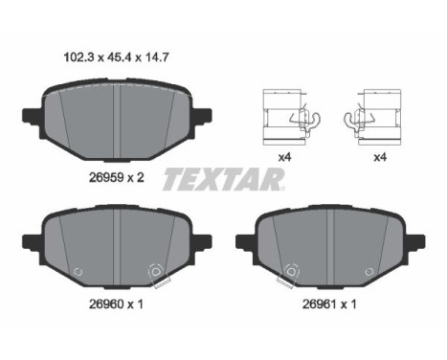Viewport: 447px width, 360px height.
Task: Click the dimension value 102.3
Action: (x=79, y=57)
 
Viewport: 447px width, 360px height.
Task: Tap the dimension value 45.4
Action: (x=118, y=57)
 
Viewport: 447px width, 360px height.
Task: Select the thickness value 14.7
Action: (x=155, y=57)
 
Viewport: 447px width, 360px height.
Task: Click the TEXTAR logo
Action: (x=223, y=179)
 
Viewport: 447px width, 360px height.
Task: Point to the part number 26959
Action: (x=106, y=177)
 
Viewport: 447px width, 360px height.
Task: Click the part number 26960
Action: (x=106, y=304)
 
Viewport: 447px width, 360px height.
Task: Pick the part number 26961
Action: (x=320, y=304)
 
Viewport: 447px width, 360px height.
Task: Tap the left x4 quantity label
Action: (x=284, y=157)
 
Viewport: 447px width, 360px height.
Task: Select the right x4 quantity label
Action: (x=380, y=157)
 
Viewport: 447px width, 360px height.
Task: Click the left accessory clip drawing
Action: (x=290, y=117)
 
